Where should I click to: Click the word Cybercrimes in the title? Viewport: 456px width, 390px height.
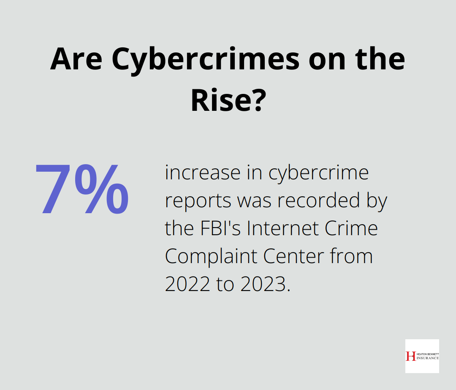point(206,60)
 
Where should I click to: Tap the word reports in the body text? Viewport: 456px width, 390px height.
point(198,200)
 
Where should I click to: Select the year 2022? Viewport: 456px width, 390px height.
point(187,284)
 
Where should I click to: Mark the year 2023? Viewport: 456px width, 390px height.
point(266,284)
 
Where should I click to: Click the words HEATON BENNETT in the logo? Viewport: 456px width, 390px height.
point(426,354)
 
